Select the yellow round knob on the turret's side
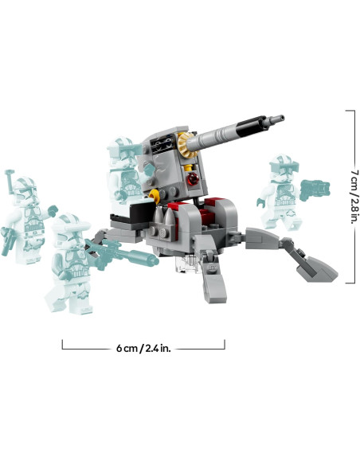click(x=155, y=193)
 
